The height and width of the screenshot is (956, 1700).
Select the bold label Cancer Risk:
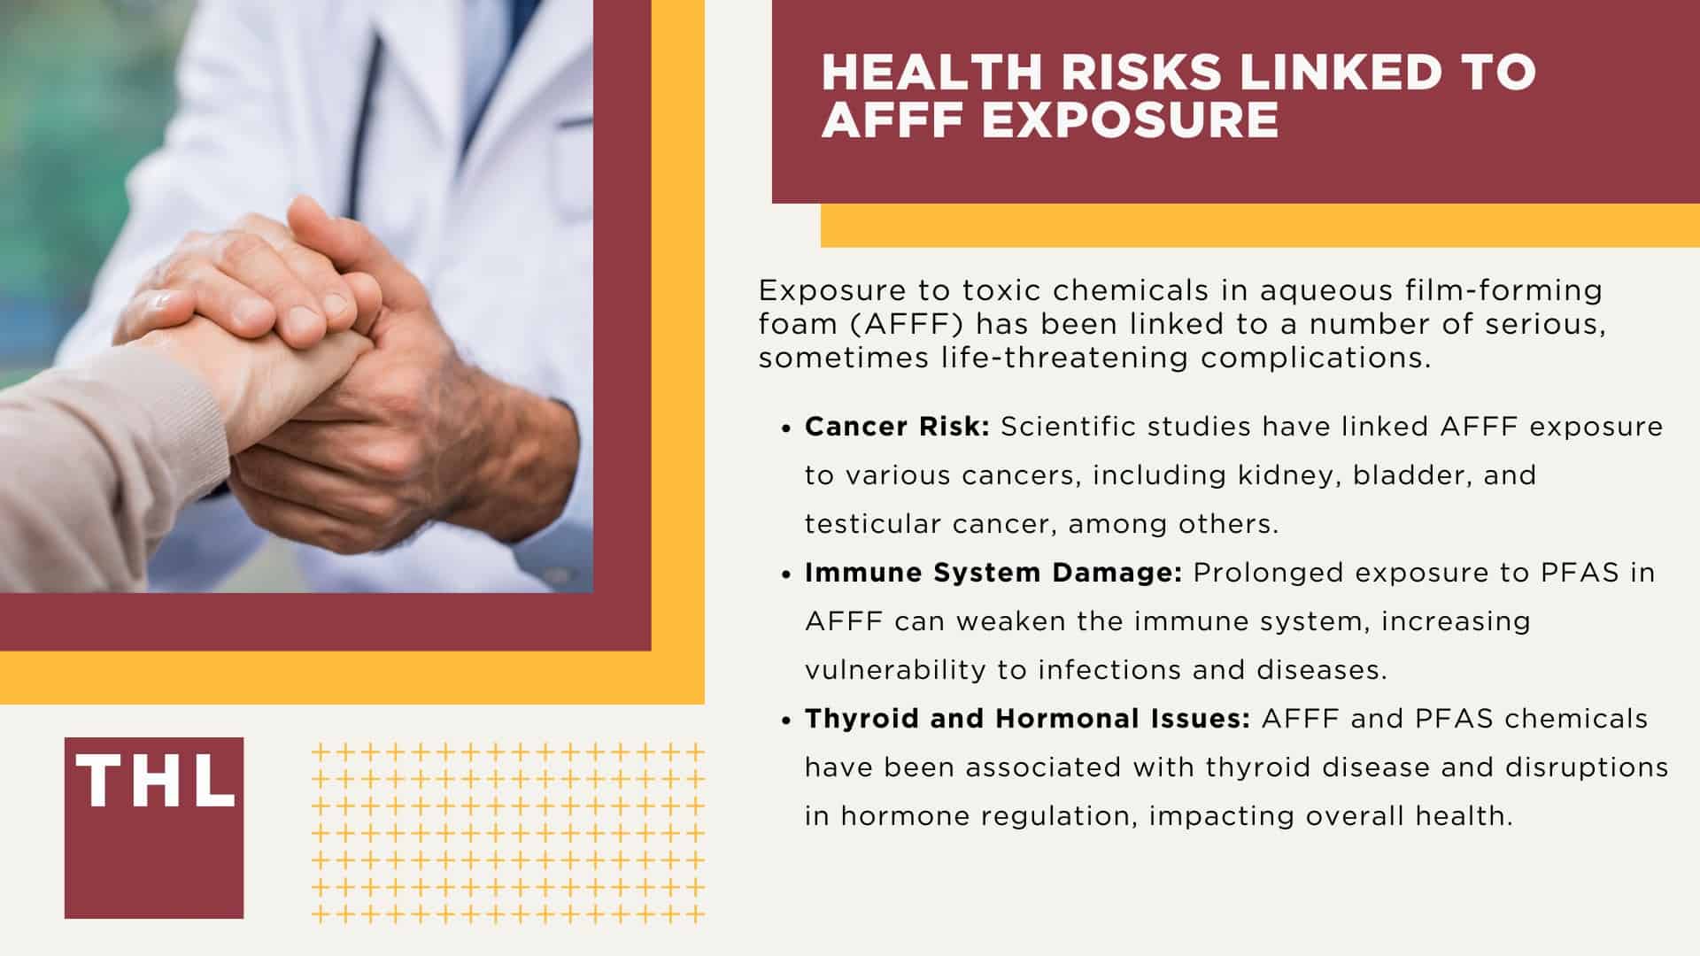pyautogui.click(x=897, y=427)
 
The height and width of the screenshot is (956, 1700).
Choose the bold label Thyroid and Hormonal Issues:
pyautogui.click(x=1027, y=719)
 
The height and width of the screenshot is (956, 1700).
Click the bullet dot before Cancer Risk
pyautogui.click(x=785, y=428)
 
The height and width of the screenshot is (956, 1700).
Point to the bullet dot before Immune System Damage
pyautogui.click(x=785, y=574)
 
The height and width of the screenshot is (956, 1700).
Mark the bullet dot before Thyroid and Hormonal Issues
pyautogui.click(x=785, y=721)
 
